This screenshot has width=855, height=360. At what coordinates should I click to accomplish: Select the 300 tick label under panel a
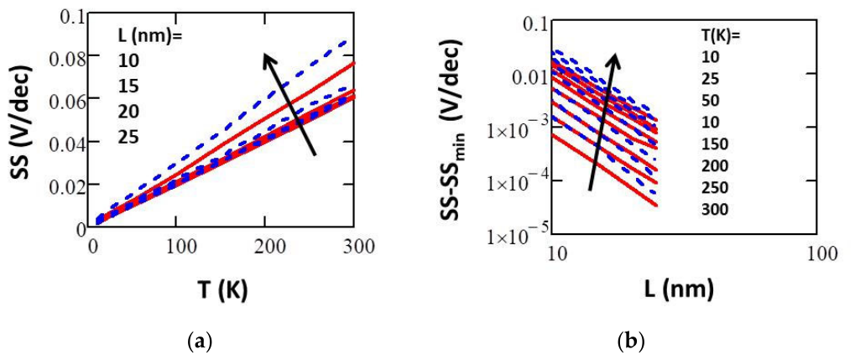[x=354, y=247]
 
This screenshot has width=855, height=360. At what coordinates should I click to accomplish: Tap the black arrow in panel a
[x=289, y=104]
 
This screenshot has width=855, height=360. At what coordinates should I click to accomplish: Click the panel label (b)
[x=632, y=342]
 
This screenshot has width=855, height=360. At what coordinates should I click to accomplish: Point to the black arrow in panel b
[x=602, y=122]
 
